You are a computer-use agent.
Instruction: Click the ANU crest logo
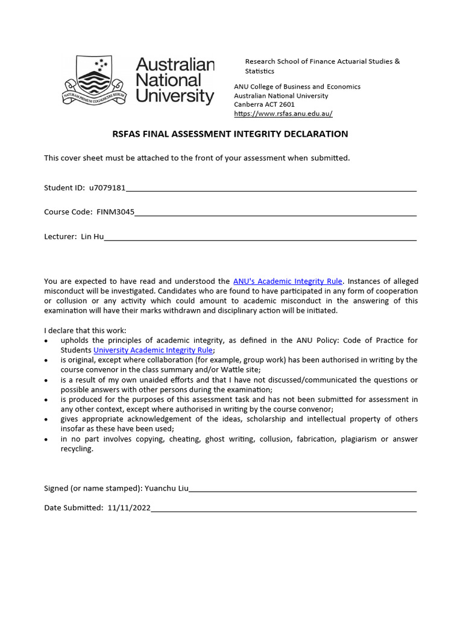(x=94, y=80)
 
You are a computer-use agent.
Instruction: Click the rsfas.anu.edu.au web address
(x=283, y=113)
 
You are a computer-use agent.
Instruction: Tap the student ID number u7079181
(x=107, y=187)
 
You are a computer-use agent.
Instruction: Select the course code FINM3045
(x=115, y=212)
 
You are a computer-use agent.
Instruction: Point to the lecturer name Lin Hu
(x=92, y=237)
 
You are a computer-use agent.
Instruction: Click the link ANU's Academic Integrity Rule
(x=288, y=281)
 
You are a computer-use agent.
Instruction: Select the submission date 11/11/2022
(x=129, y=508)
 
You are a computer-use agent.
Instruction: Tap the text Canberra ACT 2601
(x=264, y=104)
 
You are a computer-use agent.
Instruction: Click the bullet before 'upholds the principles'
(x=47, y=341)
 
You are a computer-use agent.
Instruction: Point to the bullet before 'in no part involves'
(x=47, y=440)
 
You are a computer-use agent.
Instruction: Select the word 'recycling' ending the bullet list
(x=77, y=449)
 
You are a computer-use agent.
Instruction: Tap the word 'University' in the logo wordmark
(x=175, y=96)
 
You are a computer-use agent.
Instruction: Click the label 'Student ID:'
(x=65, y=187)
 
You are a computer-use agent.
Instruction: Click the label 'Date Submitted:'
(x=74, y=508)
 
